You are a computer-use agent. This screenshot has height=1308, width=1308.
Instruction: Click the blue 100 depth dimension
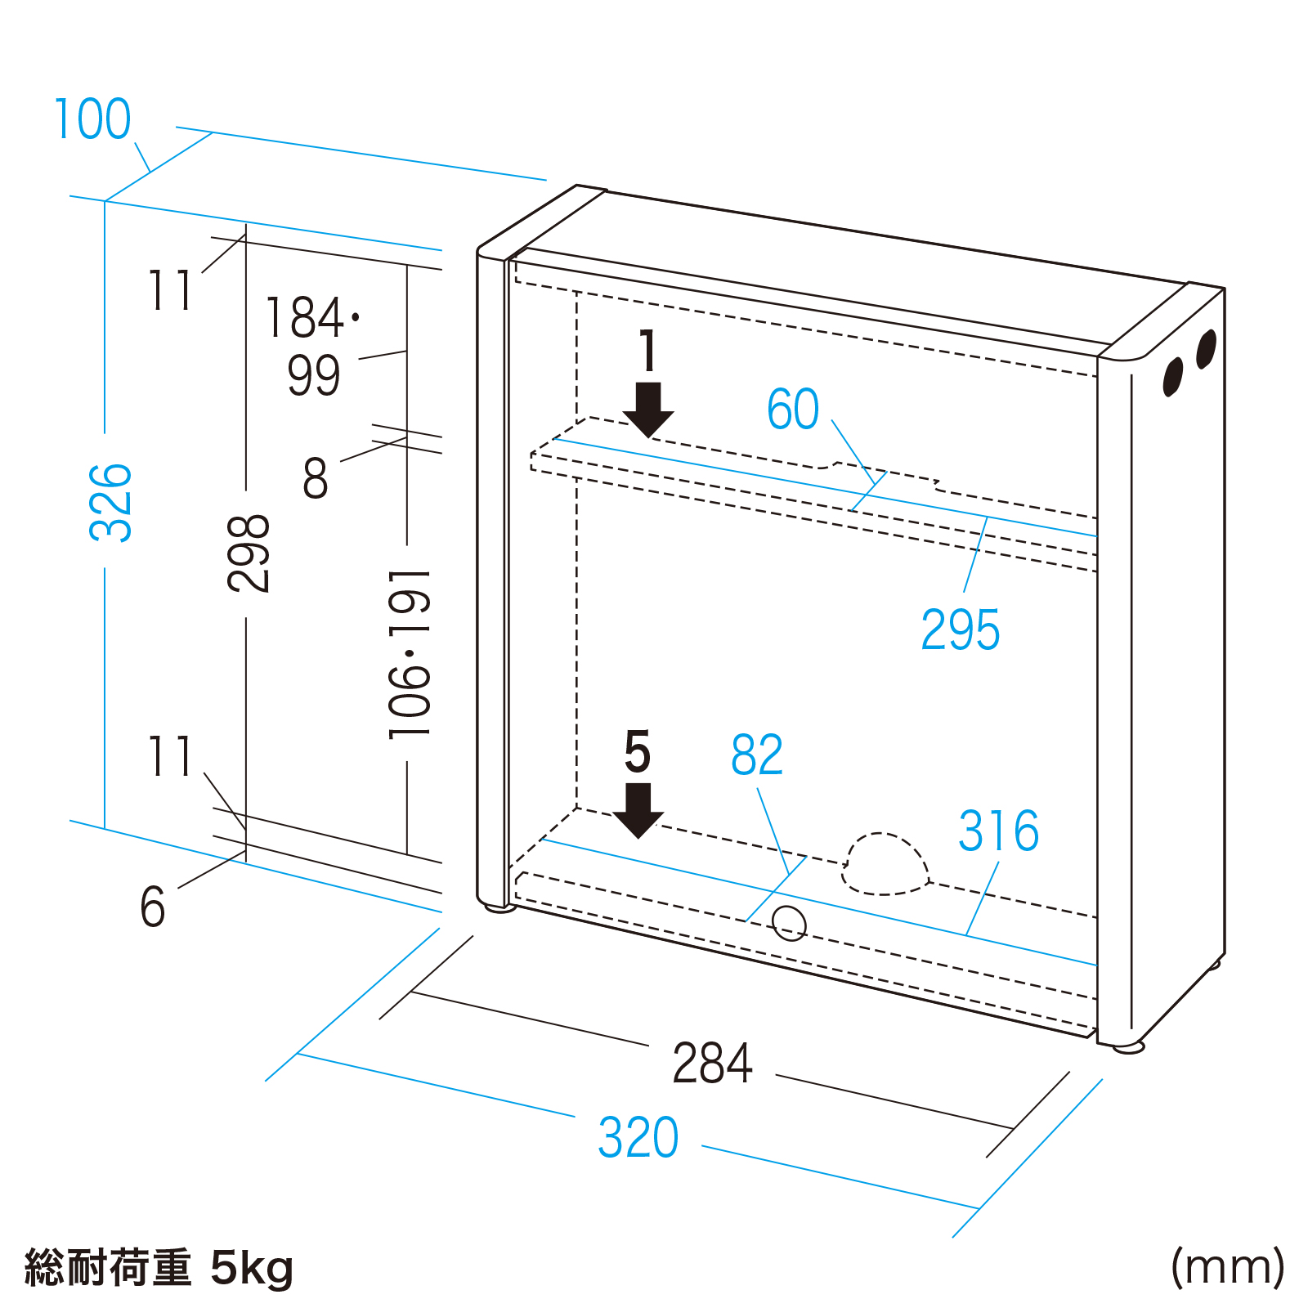coord(92,119)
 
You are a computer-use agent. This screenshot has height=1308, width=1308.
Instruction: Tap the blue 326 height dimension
coord(110,502)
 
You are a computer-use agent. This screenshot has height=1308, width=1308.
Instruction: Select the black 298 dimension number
coord(248,553)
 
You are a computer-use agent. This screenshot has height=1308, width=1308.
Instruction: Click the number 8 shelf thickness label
coord(316,478)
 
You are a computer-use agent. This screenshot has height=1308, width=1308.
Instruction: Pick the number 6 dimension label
coord(153,907)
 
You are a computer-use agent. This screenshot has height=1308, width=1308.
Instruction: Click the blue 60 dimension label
coord(792,409)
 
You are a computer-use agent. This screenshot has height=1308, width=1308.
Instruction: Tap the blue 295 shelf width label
coord(960,630)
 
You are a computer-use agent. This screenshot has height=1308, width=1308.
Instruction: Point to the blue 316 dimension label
coord(998,831)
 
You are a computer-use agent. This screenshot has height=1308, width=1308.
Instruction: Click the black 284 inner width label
coord(712,1064)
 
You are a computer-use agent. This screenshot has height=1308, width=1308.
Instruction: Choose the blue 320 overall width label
coord(638,1137)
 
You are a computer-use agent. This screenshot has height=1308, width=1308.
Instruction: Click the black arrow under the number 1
coord(648,410)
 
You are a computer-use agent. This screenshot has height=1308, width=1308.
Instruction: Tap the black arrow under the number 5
coord(638,810)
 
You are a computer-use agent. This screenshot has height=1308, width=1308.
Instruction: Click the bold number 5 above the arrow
coord(638,752)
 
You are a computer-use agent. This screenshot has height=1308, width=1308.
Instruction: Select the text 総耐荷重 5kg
coord(159,1268)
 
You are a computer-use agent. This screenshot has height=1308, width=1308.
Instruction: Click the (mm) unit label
coord(1227,1268)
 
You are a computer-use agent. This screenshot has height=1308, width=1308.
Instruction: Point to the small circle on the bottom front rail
coord(790,924)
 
